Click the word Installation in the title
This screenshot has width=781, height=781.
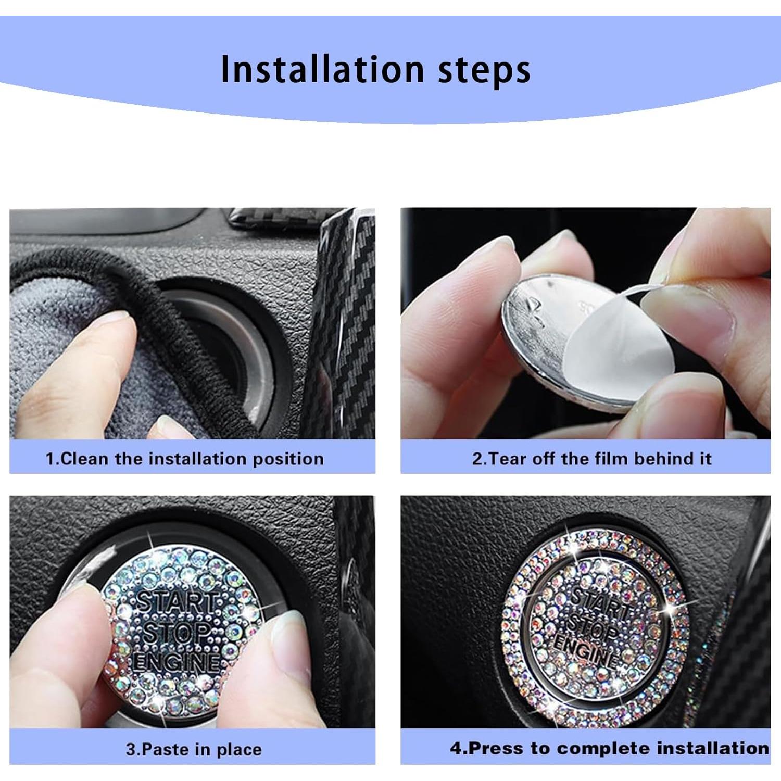point(322,69)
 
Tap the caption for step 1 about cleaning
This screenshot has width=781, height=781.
point(184,459)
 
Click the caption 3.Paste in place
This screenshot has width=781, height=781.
point(194,749)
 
